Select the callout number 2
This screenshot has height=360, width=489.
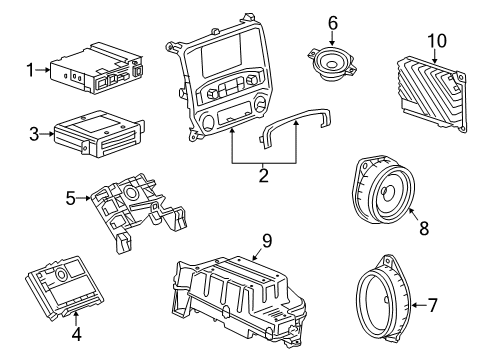point(263,178)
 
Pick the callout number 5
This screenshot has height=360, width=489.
point(70,198)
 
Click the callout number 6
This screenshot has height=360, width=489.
point(333,22)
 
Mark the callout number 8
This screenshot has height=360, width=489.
point(423,228)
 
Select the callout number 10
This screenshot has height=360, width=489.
point(436,41)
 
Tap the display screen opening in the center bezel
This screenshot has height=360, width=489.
point(237,61)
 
